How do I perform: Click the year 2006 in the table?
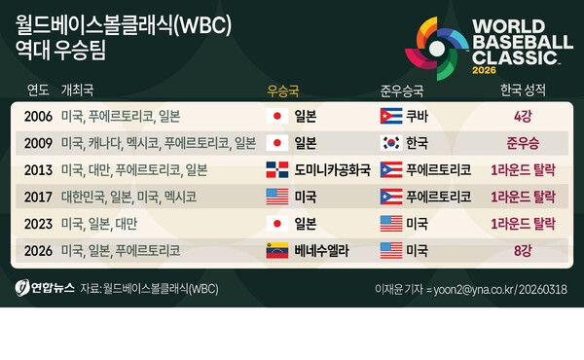coord(39,116)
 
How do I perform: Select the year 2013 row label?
coord(39,169)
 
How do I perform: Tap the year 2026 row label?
coord(39,250)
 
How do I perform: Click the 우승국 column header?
coord(282,90)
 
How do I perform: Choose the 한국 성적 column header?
coord(521,90)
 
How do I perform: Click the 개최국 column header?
coord(77,90)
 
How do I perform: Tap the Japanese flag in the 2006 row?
coord(276,116)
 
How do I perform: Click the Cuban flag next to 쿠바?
coord(391,116)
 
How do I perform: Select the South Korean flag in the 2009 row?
coord(391,143)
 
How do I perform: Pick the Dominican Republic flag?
coord(276,169)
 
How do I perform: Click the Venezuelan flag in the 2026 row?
coord(276,250)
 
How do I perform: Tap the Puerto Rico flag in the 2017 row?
coord(391,197)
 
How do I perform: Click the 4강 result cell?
coord(522,116)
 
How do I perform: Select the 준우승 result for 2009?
coord(522,143)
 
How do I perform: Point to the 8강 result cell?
coord(522,250)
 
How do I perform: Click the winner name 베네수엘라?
coord(322,250)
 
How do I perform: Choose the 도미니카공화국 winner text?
coord(332,169)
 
